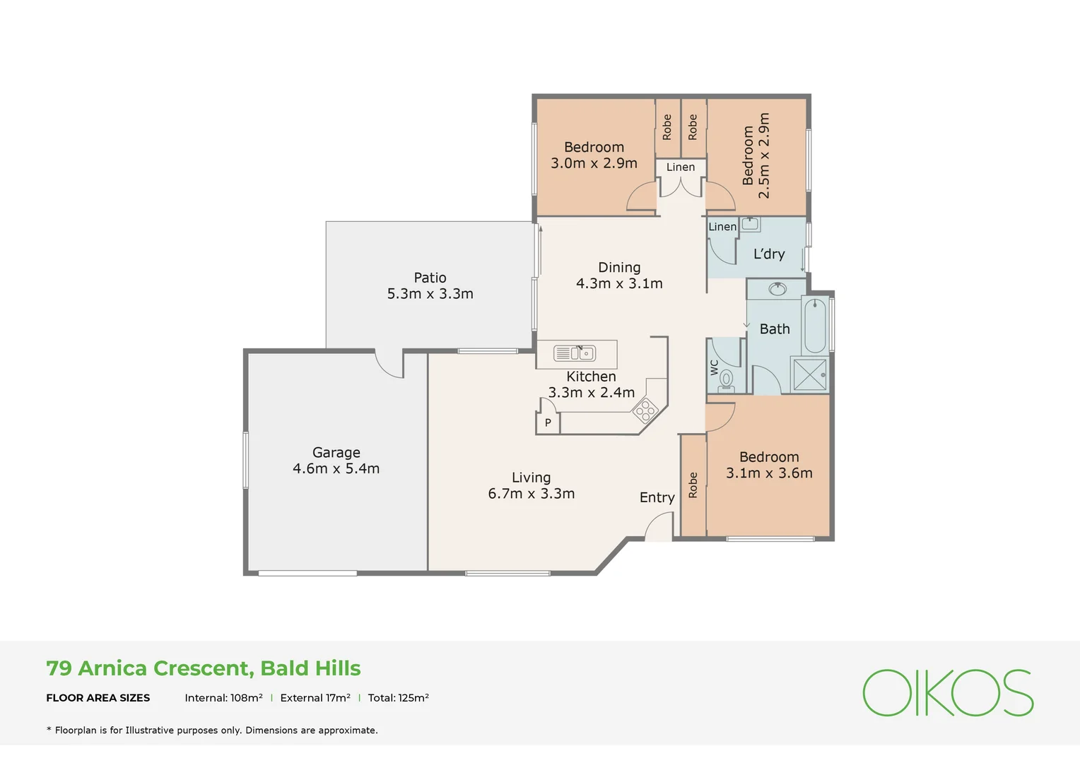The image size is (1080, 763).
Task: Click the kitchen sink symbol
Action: [574, 353]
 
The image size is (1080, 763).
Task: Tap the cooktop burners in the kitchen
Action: [645, 410]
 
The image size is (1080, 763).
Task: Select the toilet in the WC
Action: [726, 380]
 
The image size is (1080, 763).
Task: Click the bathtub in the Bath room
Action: [815, 326]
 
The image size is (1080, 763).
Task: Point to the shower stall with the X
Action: [809, 374]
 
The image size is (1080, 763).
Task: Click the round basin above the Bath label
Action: [777, 289]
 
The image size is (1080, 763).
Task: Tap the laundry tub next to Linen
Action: [750, 224]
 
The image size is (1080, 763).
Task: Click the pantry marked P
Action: [548, 422]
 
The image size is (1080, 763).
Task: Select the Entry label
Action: [657, 497]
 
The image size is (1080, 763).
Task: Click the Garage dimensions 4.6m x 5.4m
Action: [336, 468]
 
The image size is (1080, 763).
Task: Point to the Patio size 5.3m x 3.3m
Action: [430, 293]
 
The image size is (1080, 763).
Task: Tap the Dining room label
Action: [619, 267]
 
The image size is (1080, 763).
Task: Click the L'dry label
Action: [769, 254]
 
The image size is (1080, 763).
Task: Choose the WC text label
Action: [715, 368]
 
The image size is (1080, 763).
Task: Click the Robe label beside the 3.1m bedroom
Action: [693, 485]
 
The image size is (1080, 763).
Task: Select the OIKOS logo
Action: [948, 692]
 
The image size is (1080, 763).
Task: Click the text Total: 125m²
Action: [398, 697]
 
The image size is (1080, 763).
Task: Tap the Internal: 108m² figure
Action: [224, 697]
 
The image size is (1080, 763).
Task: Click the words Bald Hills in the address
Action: [310, 668]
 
